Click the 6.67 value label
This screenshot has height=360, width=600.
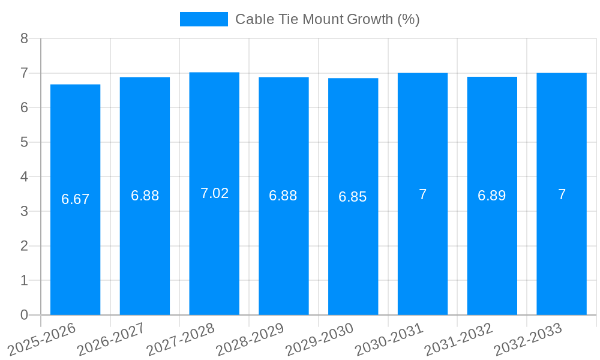pos(76,199)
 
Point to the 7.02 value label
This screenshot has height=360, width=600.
pos(214,193)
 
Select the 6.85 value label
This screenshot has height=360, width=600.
pos(353,197)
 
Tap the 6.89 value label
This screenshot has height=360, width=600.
pos(492,196)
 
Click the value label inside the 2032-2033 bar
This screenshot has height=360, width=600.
pos(562,194)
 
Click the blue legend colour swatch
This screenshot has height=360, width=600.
pos(204,19)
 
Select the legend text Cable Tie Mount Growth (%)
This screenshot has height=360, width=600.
pos(327,19)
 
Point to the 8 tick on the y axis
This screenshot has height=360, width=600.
pos(25,38)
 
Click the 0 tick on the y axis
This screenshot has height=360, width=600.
pos(25,315)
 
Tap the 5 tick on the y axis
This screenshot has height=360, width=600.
pos(25,142)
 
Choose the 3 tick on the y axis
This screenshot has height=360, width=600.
pos(25,211)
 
